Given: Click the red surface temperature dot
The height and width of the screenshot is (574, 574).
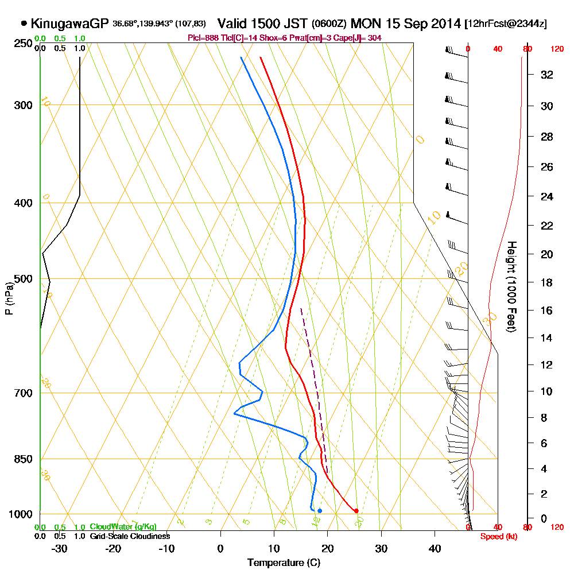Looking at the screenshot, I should [x=356, y=510].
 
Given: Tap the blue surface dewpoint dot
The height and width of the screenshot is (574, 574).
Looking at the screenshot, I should [x=320, y=510].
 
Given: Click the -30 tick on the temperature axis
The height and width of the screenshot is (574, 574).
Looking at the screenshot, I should [x=60, y=548].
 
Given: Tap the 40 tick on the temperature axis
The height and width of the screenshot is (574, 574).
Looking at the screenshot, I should [x=435, y=548].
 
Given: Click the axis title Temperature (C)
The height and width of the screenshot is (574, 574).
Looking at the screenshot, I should [x=284, y=563].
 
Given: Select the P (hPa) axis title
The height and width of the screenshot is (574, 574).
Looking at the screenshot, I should [x=9, y=298].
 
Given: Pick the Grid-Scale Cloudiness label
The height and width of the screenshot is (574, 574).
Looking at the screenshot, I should [x=130, y=536].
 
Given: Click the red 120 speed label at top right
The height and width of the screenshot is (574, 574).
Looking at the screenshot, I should [x=557, y=49].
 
